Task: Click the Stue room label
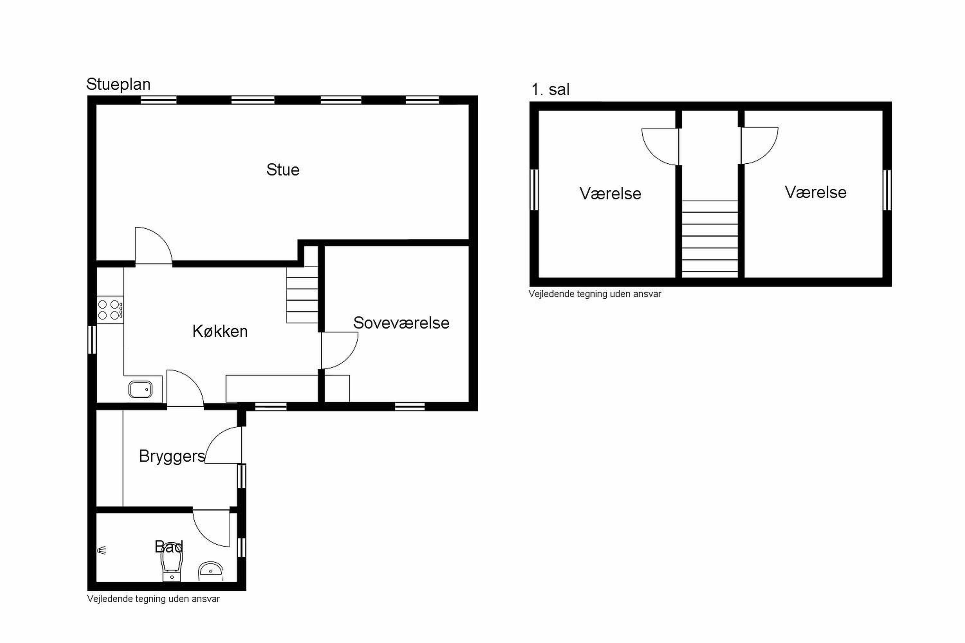point(283,170)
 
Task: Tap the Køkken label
point(220,331)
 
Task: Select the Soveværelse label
point(401,323)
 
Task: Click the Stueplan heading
point(118,85)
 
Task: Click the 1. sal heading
point(550,89)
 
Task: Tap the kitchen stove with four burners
point(110,310)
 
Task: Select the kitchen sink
point(140,390)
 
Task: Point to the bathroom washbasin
point(210,571)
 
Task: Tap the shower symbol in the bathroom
point(102,550)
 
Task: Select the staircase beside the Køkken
point(302,294)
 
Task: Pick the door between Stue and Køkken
point(153,245)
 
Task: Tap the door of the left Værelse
point(660,147)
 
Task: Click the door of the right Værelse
point(759,146)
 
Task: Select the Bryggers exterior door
point(223,445)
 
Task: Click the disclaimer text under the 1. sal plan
point(595,294)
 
